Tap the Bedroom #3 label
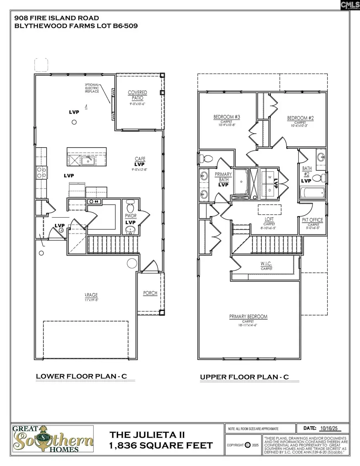click(226, 117)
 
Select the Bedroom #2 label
click(300, 118)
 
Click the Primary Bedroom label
click(248, 316)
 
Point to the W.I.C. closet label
click(267, 264)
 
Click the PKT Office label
click(312, 220)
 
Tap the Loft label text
click(268, 219)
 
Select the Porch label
click(150, 293)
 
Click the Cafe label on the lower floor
click(139, 159)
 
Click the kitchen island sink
click(87, 161)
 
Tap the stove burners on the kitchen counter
click(41, 172)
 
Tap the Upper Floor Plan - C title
click(244, 377)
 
